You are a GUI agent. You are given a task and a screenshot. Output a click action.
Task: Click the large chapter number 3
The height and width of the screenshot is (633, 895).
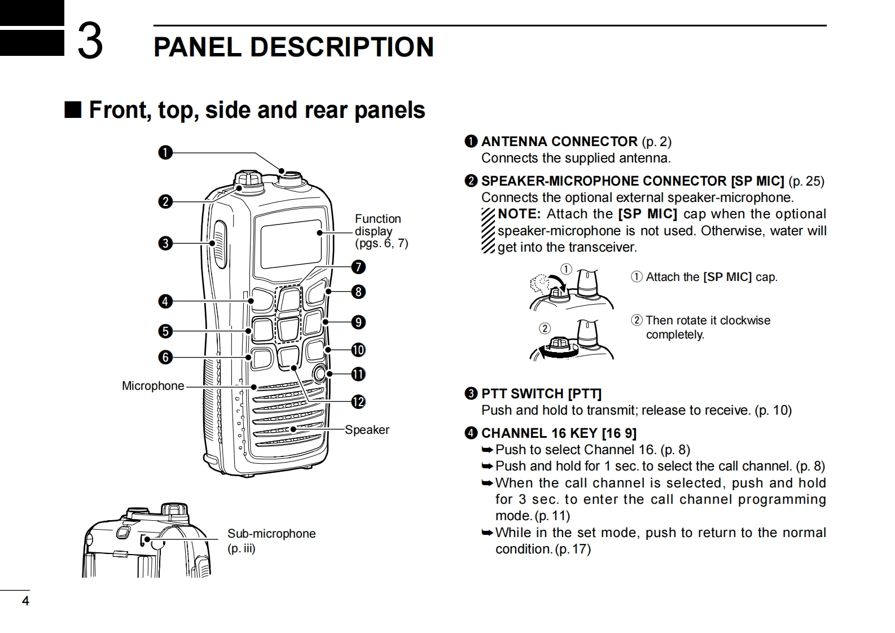tap(90, 41)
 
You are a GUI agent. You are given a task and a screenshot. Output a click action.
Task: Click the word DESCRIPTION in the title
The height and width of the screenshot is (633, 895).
tap(341, 47)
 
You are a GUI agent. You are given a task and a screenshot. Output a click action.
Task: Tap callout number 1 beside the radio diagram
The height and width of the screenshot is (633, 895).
tap(165, 153)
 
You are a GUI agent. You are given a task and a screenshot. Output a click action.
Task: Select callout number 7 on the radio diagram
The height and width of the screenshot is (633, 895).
tap(358, 267)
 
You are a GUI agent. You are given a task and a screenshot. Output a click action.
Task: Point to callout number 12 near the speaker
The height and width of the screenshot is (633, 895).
tap(358, 402)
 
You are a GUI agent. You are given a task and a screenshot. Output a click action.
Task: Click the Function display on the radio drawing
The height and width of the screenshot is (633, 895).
tap(292, 243)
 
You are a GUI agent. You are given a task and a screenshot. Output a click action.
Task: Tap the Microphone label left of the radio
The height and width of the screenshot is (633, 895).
tap(153, 386)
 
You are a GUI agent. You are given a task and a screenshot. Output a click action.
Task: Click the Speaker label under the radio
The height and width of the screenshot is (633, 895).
tap(367, 430)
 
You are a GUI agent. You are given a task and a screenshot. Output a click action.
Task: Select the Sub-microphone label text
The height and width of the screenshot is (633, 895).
tap(271, 534)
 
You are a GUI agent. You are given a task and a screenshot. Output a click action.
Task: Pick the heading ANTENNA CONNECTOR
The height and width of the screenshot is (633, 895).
tap(559, 142)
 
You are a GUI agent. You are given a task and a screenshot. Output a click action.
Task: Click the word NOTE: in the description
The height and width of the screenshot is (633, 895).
tap(519, 214)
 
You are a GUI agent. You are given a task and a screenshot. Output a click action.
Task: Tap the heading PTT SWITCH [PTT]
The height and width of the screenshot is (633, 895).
tap(541, 394)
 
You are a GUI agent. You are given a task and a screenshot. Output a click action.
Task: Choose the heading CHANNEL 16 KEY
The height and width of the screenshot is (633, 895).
tap(539, 433)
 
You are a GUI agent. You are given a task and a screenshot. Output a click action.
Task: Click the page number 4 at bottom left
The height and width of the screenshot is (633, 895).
tap(25, 601)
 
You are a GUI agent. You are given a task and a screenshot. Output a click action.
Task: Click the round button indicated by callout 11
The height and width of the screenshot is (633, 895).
tap(319, 373)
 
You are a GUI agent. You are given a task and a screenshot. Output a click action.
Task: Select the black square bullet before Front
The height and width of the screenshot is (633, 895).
tap(73, 109)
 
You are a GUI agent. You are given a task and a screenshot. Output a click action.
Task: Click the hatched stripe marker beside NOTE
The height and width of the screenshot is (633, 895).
tap(488, 231)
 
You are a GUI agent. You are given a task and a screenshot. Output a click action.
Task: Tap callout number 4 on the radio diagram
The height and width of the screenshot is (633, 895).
tap(165, 301)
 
